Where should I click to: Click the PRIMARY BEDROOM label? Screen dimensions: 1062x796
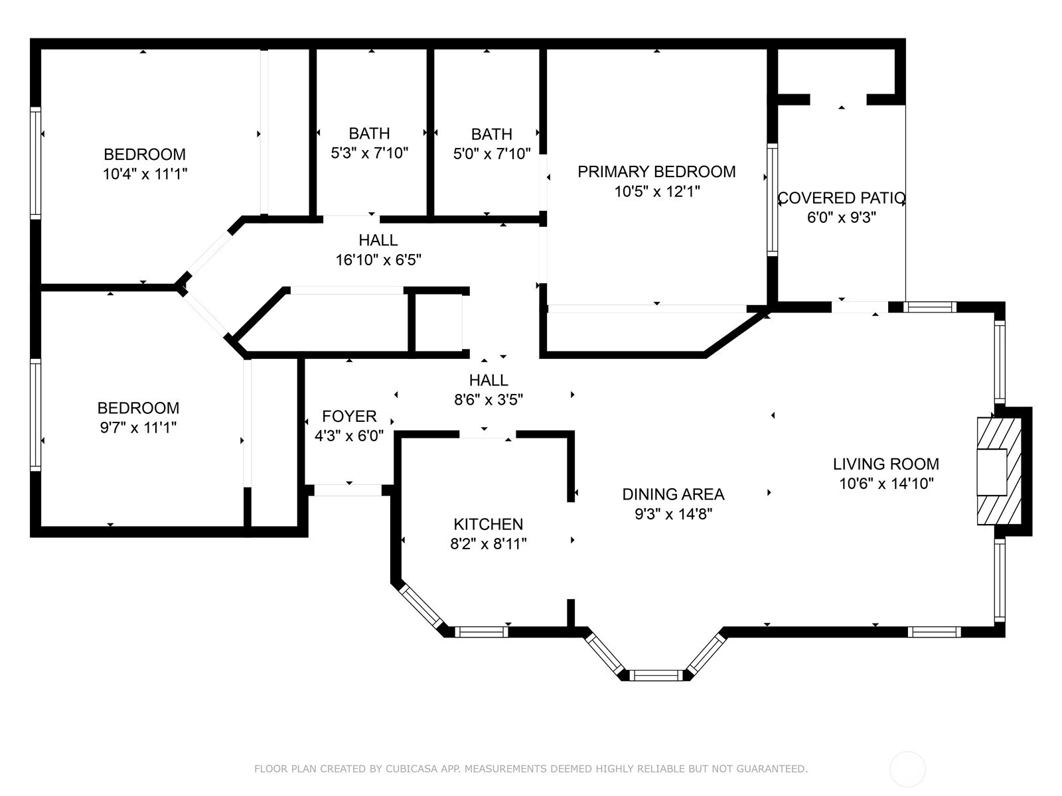[x=656, y=172]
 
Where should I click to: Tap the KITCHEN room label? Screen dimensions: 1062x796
[x=488, y=524]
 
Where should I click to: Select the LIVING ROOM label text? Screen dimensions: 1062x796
[x=886, y=464]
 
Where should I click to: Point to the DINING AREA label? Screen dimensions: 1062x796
[x=673, y=494]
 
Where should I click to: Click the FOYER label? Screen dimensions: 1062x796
[x=349, y=416]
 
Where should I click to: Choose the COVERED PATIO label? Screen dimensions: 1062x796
[x=842, y=198]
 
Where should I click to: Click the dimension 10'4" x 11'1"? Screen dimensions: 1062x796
[x=145, y=174]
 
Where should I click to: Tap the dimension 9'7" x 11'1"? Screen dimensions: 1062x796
[x=138, y=428]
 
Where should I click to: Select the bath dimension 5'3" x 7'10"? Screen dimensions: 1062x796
[x=369, y=153]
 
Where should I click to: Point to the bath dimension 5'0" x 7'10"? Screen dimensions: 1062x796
[x=492, y=154]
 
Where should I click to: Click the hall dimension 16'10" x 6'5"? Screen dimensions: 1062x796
[x=378, y=260]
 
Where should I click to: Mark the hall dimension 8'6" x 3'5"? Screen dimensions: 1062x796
[x=488, y=400]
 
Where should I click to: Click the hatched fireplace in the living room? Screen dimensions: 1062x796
[x=999, y=471]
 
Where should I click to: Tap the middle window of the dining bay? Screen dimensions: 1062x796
[x=656, y=675]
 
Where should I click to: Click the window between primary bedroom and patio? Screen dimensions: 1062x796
[x=772, y=200]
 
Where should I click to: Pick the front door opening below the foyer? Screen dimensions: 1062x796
[x=348, y=490]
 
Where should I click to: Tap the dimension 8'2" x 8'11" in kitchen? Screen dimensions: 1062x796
[x=488, y=544]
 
